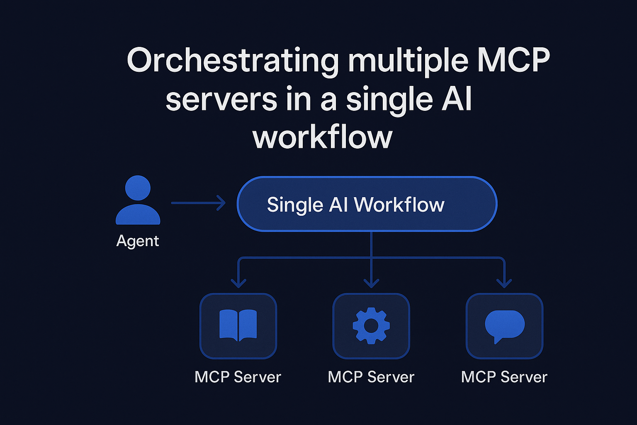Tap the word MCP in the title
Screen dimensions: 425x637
coord(513,61)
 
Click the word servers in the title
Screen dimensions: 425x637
coord(221,100)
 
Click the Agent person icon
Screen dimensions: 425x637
coord(138,200)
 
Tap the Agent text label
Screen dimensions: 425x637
coord(138,241)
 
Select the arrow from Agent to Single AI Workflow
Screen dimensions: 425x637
coord(198,203)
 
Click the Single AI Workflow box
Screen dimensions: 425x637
coord(367,204)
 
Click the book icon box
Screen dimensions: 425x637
coord(238,326)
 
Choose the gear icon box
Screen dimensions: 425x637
coord(371,326)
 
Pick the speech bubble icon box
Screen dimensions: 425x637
coord(504,326)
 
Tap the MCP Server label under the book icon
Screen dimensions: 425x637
coord(238,377)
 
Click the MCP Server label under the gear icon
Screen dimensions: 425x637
coord(371,377)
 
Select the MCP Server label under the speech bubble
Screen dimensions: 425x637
coord(504,377)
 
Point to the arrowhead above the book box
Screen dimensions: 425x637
coord(238,283)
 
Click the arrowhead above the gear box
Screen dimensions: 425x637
coord(371,283)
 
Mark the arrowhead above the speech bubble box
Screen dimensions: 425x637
coord(504,283)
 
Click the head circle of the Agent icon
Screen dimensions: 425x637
coord(138,188)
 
